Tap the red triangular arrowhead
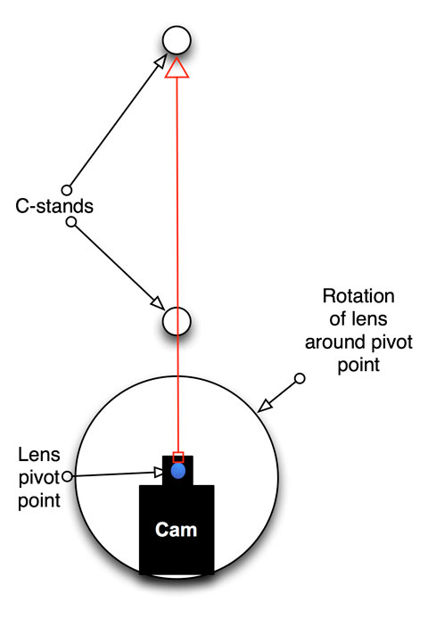pos(177,68)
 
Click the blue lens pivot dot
pos(178,471)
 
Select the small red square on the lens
pos(178,457)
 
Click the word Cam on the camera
pos(176,530)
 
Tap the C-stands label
pos(54,206)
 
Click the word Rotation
pos(358,296)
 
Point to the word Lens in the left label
pos(39,455)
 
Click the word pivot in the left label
pos(39,478)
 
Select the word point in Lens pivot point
pos(39,501)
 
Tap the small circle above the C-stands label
pos(67,190)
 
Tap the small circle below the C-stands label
pos(71,222)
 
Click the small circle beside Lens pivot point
pos(68,476)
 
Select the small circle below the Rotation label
pos(300,378)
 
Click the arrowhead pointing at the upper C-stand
pos(161,61)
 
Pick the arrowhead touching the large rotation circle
pos(265,406)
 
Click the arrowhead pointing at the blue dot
pos(159,472)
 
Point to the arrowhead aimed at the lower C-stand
pos(158,302)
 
